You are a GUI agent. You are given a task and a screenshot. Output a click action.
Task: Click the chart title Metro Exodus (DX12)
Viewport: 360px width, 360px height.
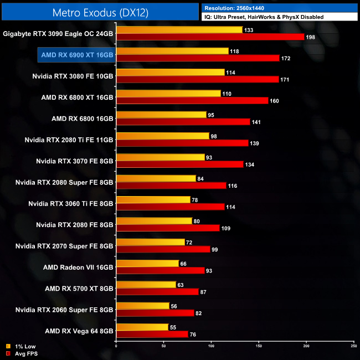(100, 12)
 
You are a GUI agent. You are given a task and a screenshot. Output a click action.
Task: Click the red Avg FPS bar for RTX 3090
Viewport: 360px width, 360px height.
(210, 37)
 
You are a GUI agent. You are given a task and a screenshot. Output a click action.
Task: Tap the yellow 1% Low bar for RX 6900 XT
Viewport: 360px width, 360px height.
(172, 51)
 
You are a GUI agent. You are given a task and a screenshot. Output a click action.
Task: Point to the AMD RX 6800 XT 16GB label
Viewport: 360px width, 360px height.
(77, 97)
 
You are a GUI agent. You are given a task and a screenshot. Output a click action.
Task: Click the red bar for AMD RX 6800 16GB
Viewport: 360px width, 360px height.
(183, 122)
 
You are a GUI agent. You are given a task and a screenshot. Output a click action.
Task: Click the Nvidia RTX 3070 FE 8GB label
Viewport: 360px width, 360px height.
(74, 161)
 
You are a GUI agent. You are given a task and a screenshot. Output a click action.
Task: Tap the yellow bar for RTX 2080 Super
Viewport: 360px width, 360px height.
(156, 178)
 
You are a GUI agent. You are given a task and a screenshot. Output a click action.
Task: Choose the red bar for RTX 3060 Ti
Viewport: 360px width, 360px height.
(170, 207)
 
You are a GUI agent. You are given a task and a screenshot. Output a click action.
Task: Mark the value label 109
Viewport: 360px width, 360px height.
(227, 228)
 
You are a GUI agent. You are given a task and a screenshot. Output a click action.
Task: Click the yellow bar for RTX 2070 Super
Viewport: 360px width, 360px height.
(150, 242)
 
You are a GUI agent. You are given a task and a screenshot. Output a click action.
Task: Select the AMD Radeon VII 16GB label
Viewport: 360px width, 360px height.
(78, 266)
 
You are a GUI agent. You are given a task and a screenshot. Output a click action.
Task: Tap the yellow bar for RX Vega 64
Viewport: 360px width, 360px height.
(142, 327)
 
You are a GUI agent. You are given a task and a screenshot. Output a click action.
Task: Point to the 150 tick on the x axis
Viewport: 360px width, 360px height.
(259, 346)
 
